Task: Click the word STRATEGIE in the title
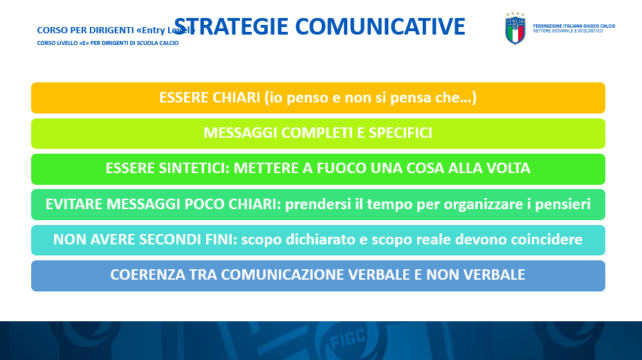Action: tap(231, 26)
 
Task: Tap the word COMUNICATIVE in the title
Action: tap(380, 26)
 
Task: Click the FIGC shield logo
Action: tap(515, 28)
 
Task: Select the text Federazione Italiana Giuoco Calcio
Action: tap(574, 26)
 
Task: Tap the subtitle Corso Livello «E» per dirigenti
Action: tap(108, 43)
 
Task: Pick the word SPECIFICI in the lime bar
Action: tap(401, 133)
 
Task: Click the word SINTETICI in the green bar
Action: tap(194, 168)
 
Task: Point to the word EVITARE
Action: tap(74, 204)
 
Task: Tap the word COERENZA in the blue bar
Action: tap(148, 275)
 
